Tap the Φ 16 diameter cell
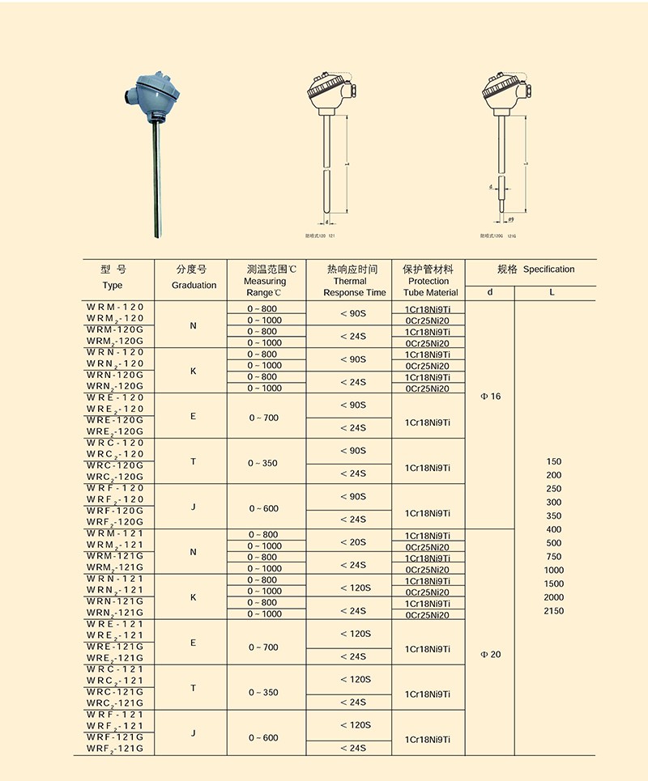coord(491,397)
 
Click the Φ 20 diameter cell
coord(491,654)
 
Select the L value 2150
coord(554,611)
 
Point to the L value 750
coord(554,557)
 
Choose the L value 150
coord(554,461)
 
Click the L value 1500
coord(554,584)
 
